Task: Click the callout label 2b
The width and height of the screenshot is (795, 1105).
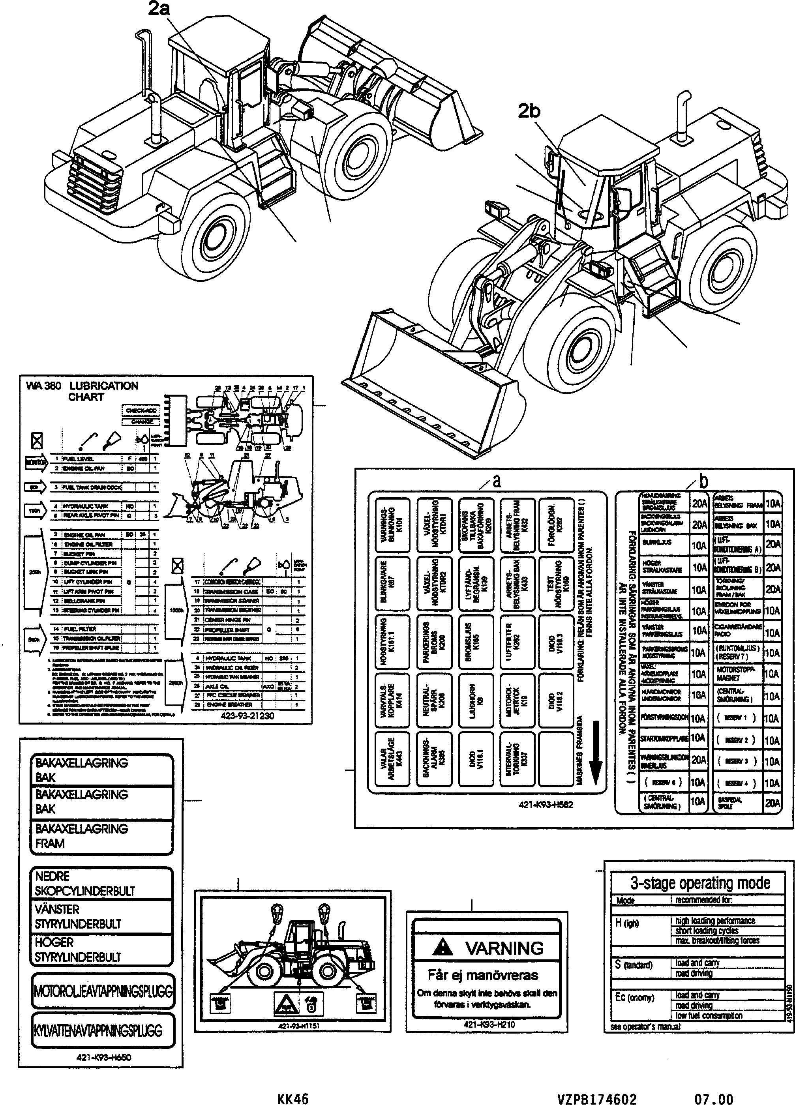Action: click(x=529, y=112)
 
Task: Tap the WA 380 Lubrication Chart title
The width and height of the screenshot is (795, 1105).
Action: click(x=82, y=391)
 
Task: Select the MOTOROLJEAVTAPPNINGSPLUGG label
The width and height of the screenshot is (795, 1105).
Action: click(x=102, y=991)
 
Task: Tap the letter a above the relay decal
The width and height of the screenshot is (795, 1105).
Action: click(x=496, y=481)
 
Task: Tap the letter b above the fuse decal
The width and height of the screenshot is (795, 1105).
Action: click(x=703, y=481)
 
